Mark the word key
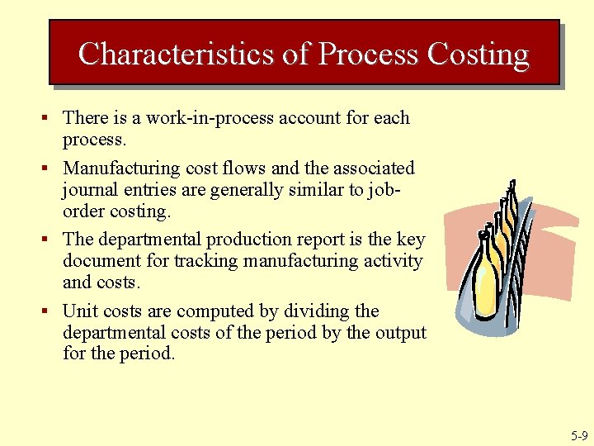point(411,240)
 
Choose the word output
point(400,333)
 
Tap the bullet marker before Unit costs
point(52,312)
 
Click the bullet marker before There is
point(52,119)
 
